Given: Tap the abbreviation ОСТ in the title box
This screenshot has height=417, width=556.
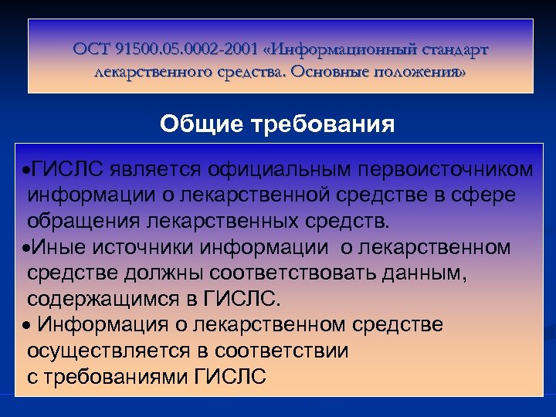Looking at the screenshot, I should (92, 49).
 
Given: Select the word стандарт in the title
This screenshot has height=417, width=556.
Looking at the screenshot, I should (455, 49).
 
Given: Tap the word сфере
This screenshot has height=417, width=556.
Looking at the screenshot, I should (488, 195).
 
